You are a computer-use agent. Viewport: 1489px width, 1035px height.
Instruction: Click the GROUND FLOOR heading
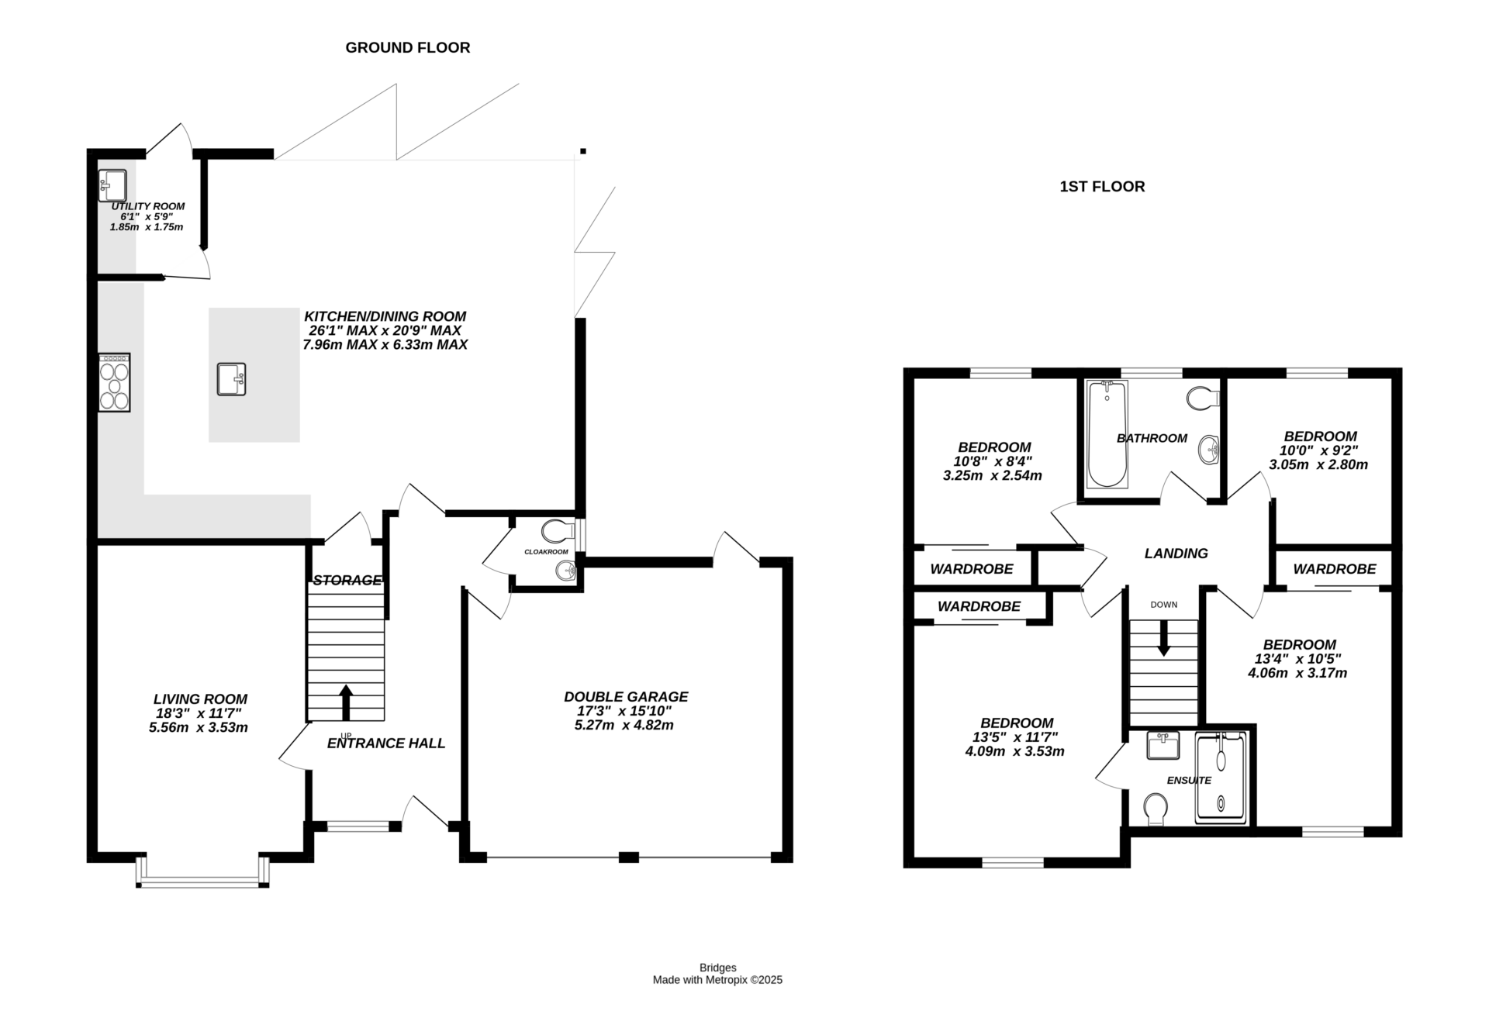pyautogui.click(x=407, y=48)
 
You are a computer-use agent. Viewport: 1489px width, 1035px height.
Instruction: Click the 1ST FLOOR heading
pyautogui.click(x=1102, y=187)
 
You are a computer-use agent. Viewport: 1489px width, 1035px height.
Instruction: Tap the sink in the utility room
pyautogui.click(x=113, y=185)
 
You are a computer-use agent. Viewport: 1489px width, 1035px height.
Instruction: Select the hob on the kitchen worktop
pyautogui.click(x=114, y=382)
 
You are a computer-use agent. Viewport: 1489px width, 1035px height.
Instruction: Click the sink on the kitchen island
pyautogui.click(x=231, y=379)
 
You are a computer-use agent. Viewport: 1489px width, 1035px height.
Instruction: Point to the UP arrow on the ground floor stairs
pyautogui.click(x=346, y=702)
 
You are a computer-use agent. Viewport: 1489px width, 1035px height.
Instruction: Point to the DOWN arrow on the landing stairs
pyautogui.click(x=1163, y=639)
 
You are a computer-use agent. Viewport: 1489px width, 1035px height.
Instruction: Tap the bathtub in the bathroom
pyautogui.click(x=1107, y=434)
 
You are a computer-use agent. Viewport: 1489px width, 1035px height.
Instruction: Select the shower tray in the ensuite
pyautogui.click(x=1221, y=778)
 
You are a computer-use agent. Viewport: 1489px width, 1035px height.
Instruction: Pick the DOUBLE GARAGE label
pyautogui.click(x=626, y=697)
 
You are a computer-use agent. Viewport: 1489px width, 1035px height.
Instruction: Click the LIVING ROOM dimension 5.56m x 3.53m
pyautogui.click(x=199, y=728)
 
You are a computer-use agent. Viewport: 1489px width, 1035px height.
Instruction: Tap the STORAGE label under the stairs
pyautogui.click(x=347, y=580)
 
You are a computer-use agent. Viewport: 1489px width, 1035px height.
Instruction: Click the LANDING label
pyautogui.click(x=1176, y=554)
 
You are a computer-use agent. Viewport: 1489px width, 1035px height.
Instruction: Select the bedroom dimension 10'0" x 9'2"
pyautogui.click(x=1318, y=450)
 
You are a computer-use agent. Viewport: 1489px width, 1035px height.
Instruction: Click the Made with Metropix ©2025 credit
pyautogui.click(x=717, y=980)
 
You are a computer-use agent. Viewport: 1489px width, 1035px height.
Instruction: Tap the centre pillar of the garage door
pyautogui.click(x=629, y=857)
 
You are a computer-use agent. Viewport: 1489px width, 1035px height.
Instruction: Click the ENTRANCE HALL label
pyautogui.click(x=386, y=743)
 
